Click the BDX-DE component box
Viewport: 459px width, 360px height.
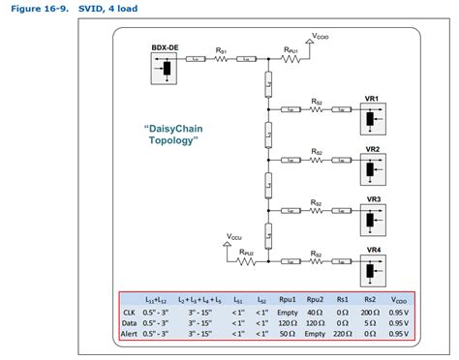166,68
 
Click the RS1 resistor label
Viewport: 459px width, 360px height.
222,50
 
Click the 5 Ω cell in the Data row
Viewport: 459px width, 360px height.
369,323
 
